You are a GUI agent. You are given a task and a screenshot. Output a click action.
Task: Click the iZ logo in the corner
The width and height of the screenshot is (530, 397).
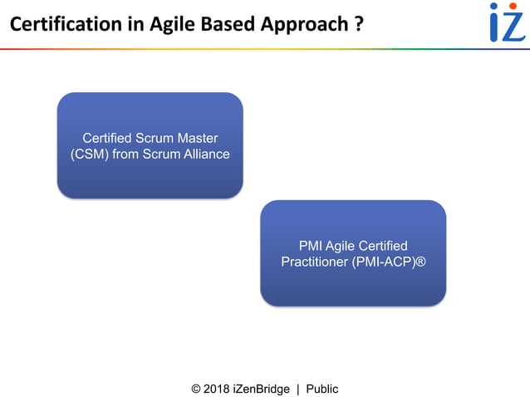tap(506, 22)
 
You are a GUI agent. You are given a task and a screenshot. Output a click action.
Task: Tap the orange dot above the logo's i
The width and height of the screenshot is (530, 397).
tap(494, 7)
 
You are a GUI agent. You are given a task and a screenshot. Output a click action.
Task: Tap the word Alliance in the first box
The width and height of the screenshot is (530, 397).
tap(204, 154)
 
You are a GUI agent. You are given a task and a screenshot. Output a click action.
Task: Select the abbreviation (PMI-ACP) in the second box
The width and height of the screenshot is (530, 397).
tap(382, 262)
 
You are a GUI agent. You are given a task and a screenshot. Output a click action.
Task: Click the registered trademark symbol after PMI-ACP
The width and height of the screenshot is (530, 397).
tap(420, 262)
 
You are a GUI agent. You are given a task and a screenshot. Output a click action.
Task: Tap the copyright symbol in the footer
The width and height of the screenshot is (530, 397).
tap(197, 389)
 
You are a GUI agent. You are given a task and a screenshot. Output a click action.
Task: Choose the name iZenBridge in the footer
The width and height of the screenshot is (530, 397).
tap(262, 389)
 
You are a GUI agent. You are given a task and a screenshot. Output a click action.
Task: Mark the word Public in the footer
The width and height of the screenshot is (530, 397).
tap(322, 389)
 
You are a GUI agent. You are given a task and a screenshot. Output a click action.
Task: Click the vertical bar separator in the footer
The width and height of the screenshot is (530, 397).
tap(297, 389)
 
